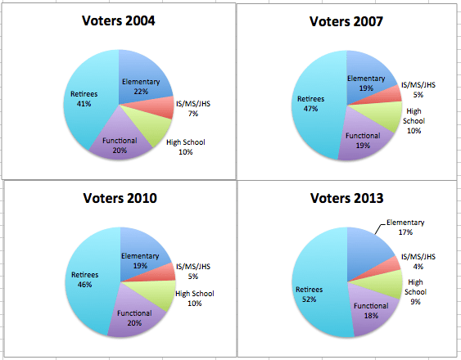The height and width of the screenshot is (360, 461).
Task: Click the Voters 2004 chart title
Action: [x=119, y=21]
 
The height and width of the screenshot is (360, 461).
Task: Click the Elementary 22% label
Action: [x=141, y=87]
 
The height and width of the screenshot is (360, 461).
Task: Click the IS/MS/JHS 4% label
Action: [x=419, y=262]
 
